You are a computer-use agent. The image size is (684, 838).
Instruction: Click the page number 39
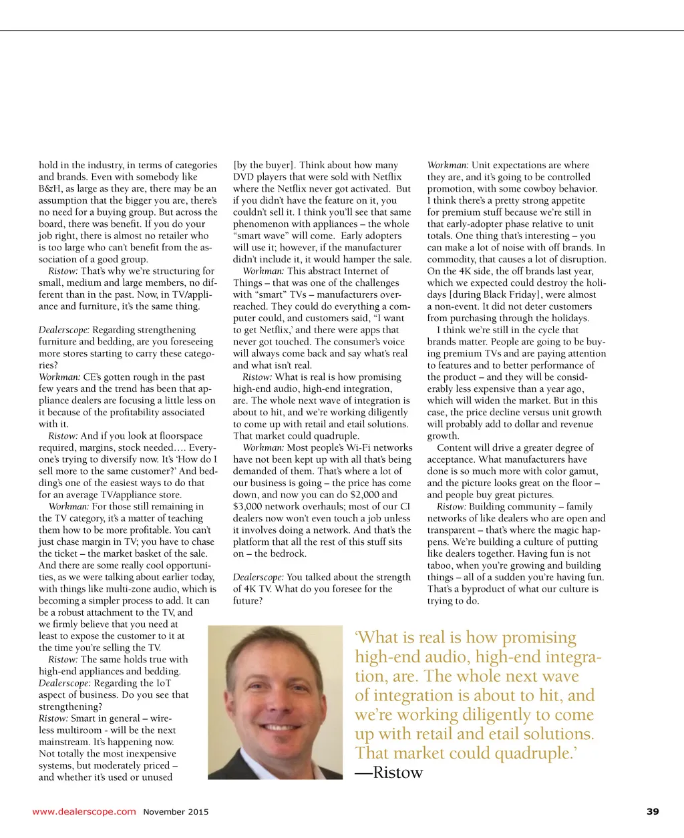pos(653,811)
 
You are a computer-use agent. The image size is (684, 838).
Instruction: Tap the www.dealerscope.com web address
pos(84,812)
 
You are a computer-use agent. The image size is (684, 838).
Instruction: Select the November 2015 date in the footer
pos(176,812)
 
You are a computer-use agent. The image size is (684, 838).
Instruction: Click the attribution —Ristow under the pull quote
pos(389,773)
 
